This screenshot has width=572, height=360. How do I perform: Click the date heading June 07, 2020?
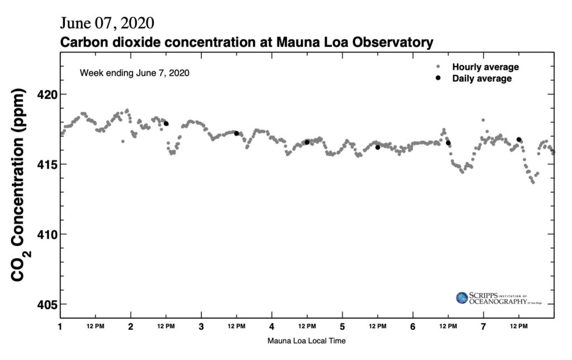point(107,23)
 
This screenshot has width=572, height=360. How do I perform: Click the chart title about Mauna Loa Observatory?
point(246,42)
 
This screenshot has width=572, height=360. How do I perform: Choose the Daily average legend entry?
point(482,78)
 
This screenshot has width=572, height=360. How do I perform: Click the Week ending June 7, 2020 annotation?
point(135,73)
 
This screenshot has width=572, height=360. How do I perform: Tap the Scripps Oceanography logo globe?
point(462,298)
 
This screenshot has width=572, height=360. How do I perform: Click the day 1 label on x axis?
point(60,326)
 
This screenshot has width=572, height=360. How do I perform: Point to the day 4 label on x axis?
point(271,326)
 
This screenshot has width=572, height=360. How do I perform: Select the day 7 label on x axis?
point(483,326)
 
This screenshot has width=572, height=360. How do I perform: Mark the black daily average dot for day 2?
point(166,124)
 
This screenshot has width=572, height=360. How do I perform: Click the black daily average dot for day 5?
point(378,147)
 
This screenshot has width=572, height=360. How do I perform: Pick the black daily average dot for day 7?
point(519,140)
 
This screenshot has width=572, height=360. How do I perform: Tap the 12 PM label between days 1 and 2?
point(96,326)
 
